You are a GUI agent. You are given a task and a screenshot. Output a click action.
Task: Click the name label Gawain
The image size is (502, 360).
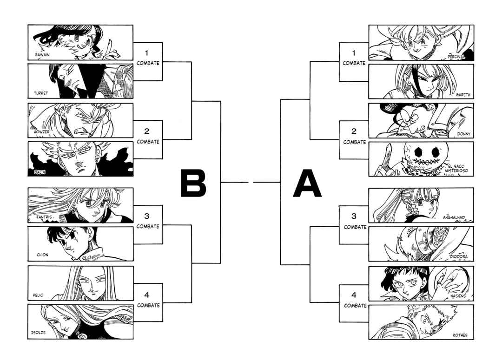(42, 55)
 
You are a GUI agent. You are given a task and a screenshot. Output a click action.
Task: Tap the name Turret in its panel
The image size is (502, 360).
(41, 93)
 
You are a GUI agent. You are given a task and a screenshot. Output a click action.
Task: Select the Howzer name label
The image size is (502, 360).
(42, 131)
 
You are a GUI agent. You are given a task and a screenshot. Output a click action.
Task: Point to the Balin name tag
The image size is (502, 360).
(40, 172)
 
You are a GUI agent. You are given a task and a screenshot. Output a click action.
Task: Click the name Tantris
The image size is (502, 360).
(44, 217)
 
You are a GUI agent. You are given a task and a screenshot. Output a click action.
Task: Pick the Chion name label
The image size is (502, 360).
(43, 255)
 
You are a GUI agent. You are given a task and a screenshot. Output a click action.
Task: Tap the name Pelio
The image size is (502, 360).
(38, 295)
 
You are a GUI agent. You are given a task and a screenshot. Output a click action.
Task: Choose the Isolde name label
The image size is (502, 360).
(39, 333)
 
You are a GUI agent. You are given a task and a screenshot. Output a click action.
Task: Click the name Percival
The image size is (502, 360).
(456, 57)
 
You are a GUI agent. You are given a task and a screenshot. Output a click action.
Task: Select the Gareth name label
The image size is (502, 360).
(463, 95)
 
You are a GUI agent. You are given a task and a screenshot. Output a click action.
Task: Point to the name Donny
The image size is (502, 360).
(463, 134)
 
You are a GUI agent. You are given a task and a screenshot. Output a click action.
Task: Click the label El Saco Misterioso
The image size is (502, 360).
(456, 169)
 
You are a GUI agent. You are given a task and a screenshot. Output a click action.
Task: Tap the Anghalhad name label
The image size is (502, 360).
(454, 217)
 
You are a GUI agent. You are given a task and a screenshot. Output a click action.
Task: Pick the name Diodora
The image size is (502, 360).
(458, 256)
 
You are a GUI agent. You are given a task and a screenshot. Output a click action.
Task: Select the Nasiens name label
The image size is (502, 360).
(458, 297)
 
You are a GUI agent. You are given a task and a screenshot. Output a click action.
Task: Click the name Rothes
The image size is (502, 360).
(460, 335)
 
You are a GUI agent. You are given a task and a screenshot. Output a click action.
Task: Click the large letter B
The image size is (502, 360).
(193, 183)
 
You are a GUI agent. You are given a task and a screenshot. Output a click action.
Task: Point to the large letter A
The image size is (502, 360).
(307, 183)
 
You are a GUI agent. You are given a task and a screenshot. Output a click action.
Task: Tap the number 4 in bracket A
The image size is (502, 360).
(354, 295)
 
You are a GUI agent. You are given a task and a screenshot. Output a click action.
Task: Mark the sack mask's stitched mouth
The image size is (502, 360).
(426, 160)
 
